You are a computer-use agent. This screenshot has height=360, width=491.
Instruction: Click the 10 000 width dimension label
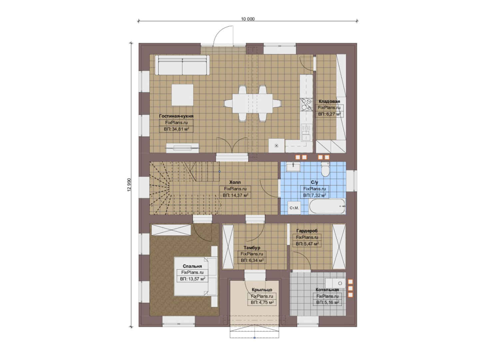pos(248,19)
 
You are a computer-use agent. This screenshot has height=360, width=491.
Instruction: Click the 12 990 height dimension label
pos(129,185)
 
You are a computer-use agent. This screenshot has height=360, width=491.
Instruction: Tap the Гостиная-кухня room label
pos(176,116)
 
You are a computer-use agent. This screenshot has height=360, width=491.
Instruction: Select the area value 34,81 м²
pos(176,129)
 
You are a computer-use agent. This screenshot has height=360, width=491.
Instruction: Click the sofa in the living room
pos(182,65)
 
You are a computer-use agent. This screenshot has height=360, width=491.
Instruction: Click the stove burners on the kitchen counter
pos(306,105)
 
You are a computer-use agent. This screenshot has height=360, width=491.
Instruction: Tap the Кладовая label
pos(329,101)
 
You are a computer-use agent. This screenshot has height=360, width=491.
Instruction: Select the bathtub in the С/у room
pos(327,206)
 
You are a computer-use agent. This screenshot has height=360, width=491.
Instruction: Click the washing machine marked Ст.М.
pos(294,208)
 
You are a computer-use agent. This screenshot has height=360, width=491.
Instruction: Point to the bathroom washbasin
pos(293,167)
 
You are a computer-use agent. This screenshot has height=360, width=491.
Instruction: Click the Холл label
pos(235,182)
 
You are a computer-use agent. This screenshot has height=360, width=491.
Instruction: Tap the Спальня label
pos(192,266)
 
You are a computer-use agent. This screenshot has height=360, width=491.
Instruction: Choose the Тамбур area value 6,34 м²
pos(252,260)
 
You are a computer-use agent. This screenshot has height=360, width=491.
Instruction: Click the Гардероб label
pos(307,231)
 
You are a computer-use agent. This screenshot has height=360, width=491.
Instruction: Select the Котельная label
pos(327,290)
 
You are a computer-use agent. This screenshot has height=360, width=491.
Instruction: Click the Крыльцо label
pos(262,290)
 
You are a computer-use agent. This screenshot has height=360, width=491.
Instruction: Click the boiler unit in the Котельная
pos(335,283)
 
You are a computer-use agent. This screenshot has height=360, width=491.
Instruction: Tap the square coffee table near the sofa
pos(182,95)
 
